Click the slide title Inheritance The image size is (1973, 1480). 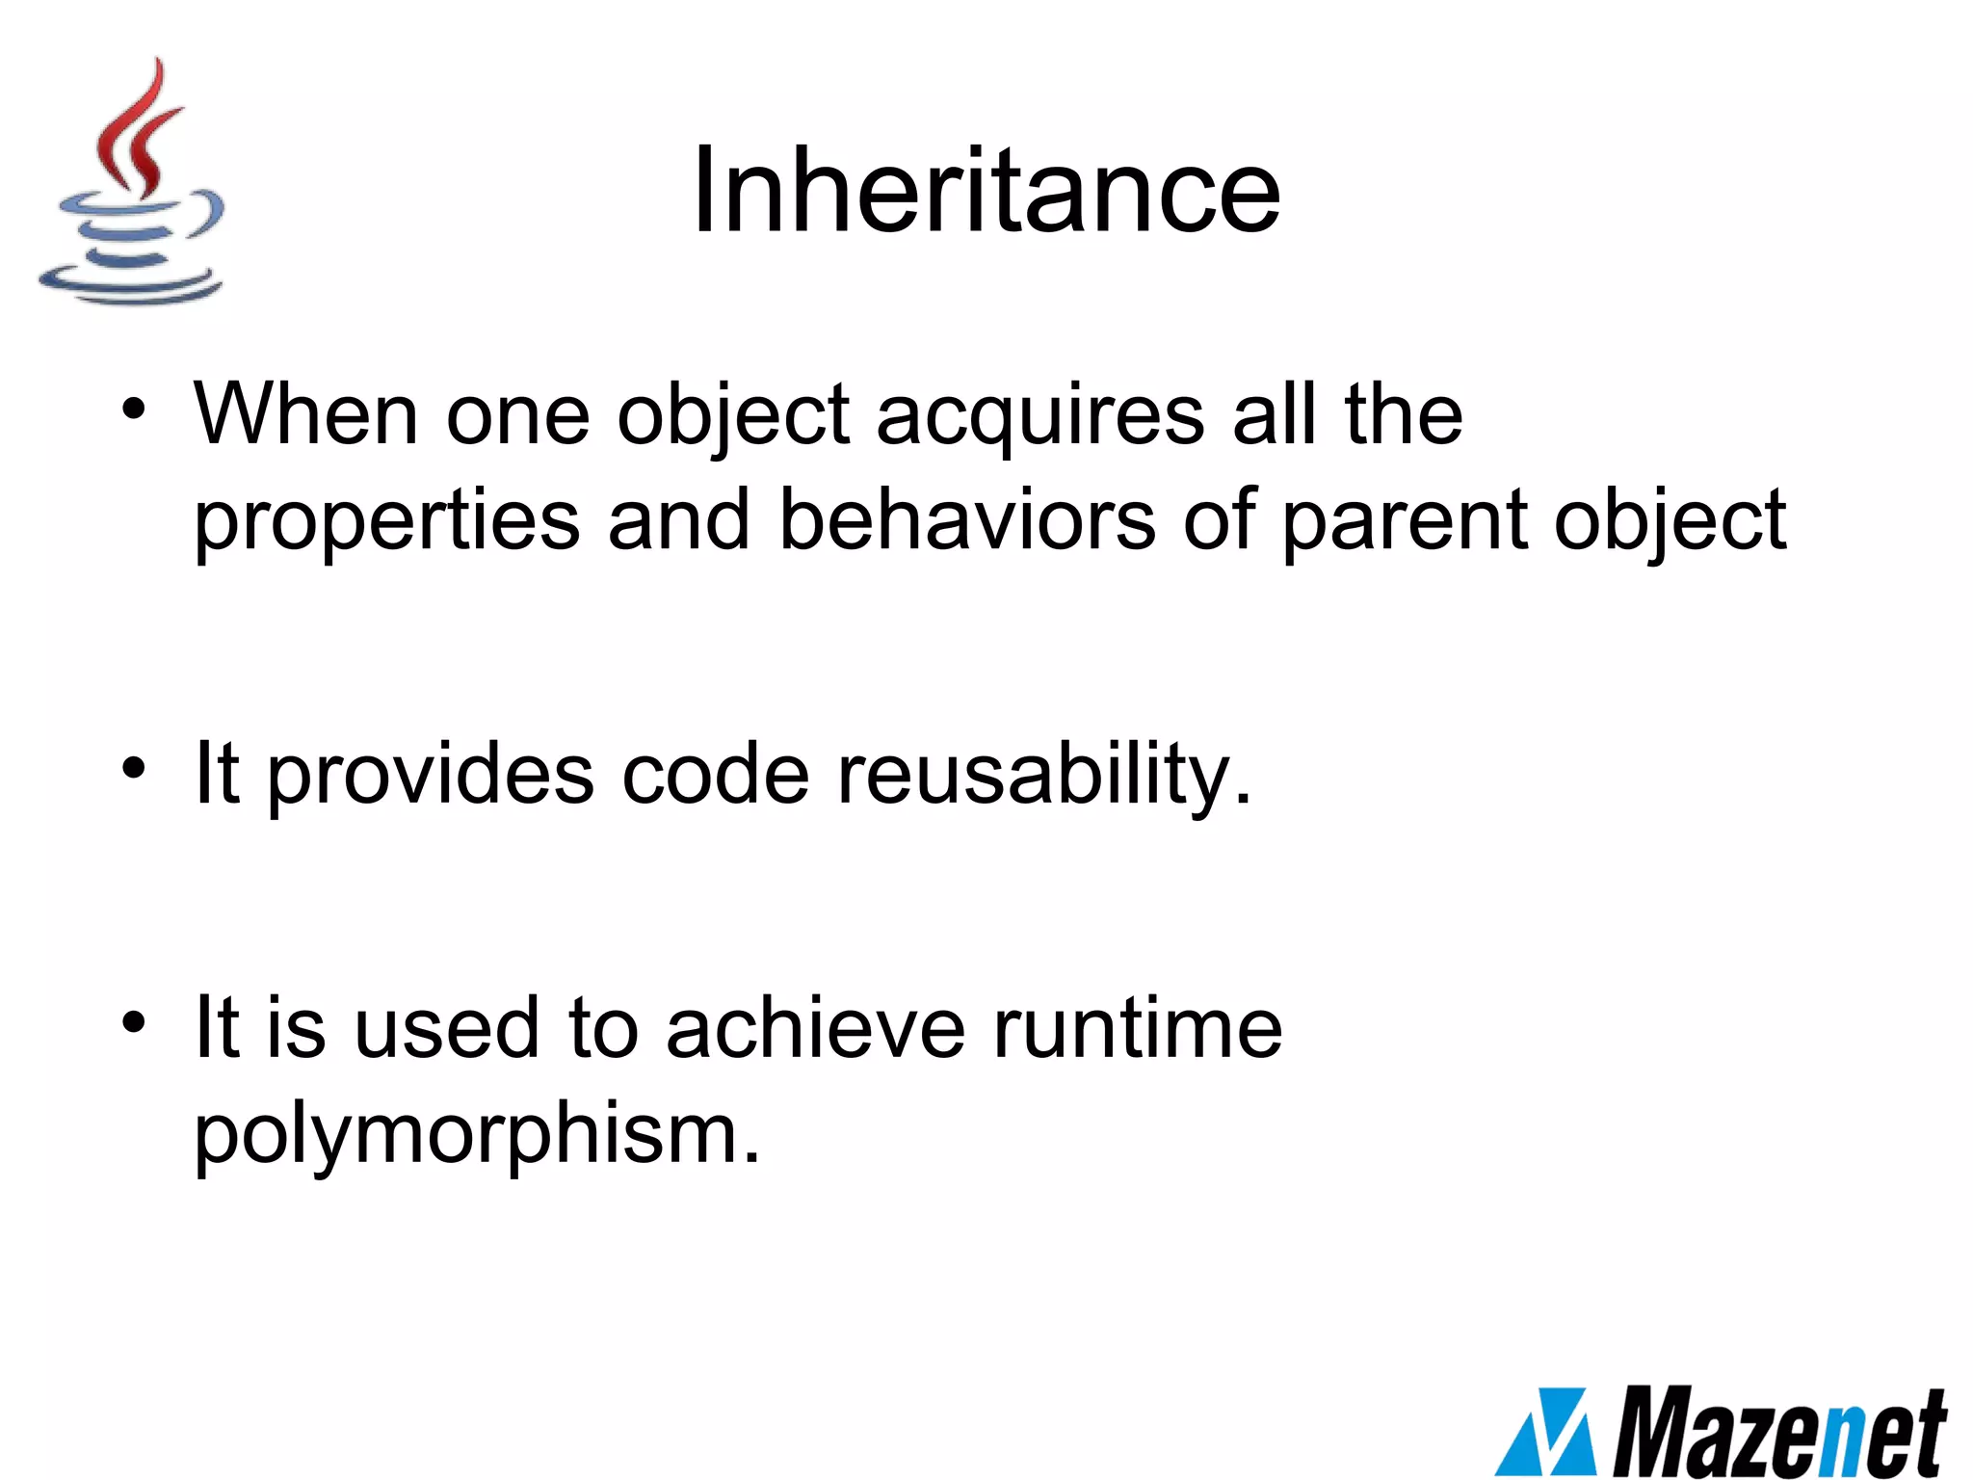(x=986, y=190)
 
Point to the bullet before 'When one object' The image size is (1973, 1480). (x=134, y=410)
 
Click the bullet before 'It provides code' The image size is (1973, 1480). (x=134, y=769)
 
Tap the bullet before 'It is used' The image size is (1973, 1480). (x=134, y=1023)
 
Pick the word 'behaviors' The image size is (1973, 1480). (x=967, y=519)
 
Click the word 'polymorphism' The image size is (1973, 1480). (x=477, y=1134)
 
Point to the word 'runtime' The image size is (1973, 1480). (x=1138, y=1028)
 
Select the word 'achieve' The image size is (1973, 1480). (x=815, y=1028)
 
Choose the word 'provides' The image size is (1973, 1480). (x=431, y=776)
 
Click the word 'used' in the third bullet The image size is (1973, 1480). (x=446, y=1028)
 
